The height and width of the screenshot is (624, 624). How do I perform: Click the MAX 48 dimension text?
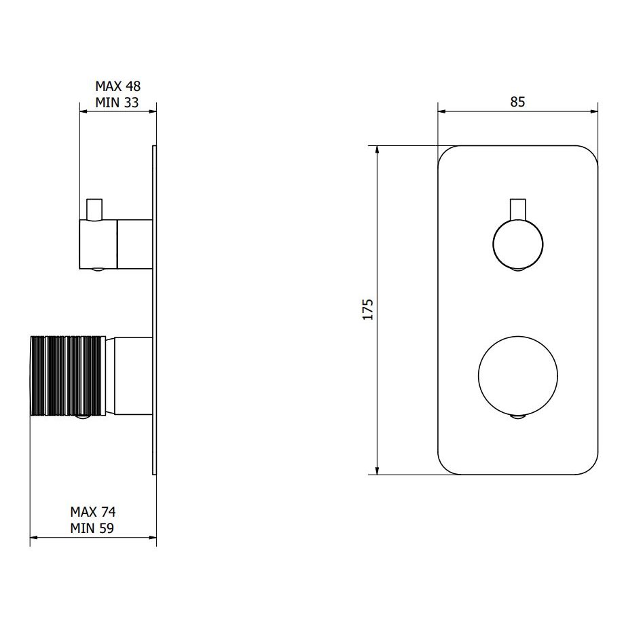click(117, 86)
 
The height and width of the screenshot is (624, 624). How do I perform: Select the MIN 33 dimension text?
click(117, 103)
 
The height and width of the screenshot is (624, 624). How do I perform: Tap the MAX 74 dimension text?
click(93, 511)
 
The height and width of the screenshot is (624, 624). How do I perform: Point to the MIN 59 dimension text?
click(92, 528)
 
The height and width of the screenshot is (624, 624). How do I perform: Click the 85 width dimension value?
click(518, 102)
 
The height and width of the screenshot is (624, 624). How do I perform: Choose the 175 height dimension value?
click(368, 309)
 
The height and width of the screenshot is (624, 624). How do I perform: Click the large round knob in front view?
click(518, 375)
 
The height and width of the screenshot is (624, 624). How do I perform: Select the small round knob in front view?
click(518, 244)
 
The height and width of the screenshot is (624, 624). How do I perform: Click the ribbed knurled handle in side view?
click(68, 376)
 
